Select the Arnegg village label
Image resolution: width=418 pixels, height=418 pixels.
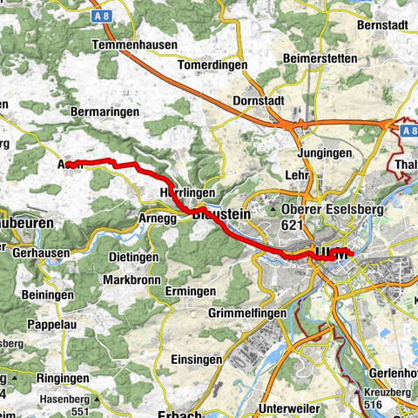click(157, 218)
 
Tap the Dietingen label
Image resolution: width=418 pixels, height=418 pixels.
click(133, 258)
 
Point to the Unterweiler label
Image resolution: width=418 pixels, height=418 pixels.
click(295, 408)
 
